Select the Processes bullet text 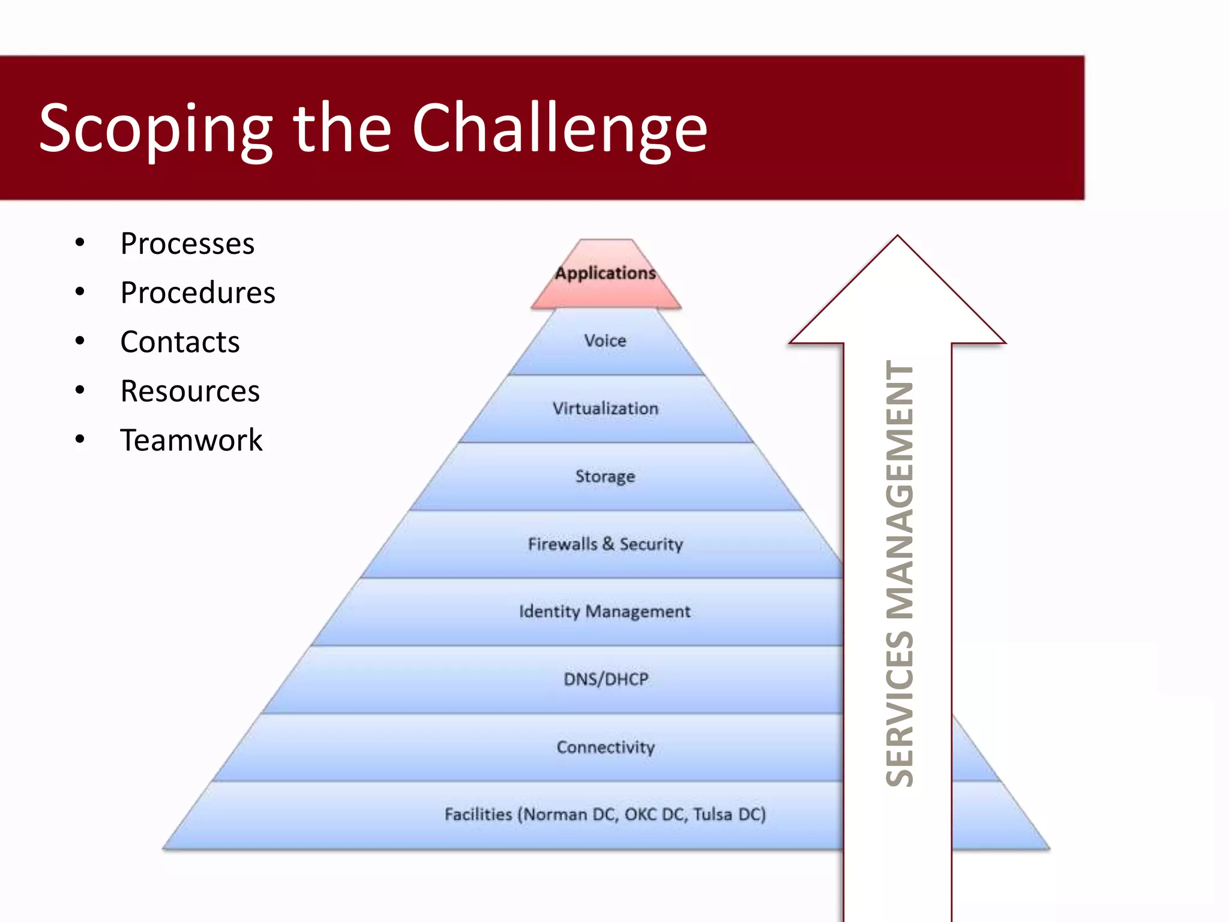pos(187,244)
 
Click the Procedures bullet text pos(197,293)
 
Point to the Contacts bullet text pos(179,342)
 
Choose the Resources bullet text pos(190,391)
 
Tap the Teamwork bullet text pos(191,441)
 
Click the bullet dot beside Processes pos(80,243)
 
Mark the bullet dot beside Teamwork pos(80,439)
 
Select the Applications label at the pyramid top pos(605,273)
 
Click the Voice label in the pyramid pos(605,341)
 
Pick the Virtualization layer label pos(605,409)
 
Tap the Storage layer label pos(605,477)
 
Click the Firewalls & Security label pos(605,544)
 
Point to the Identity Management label pos(605,612)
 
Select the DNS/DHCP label pos(605,679)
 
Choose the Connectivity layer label pos(605,747)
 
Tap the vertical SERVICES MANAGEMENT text pos(900,573)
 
